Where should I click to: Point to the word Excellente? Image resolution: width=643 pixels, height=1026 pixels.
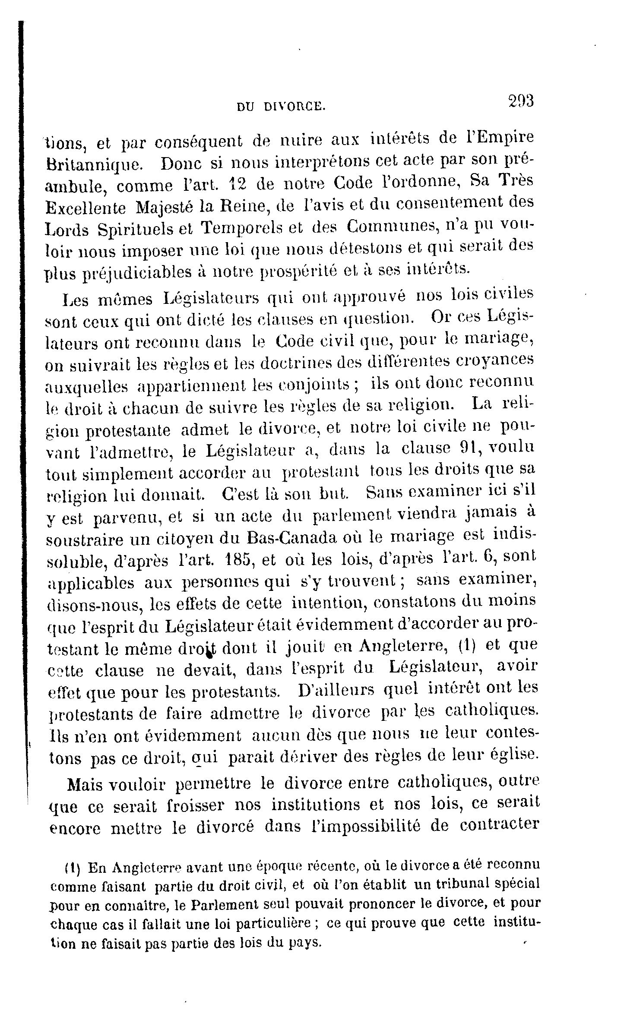pyautogui.click(x=86, y=208)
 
